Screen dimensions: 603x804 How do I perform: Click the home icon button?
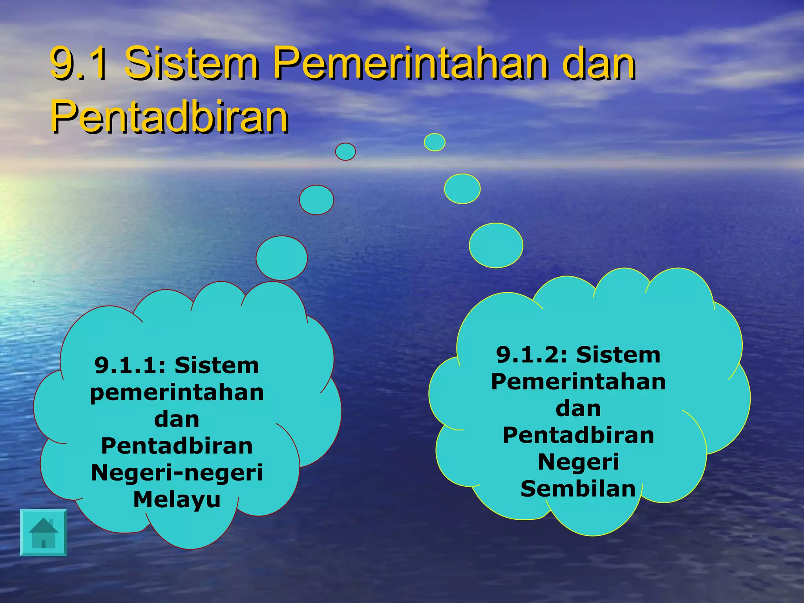pos(44,532)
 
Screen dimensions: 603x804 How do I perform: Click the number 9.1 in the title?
pos(79,63)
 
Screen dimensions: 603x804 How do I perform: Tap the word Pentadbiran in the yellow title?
pos(170,116)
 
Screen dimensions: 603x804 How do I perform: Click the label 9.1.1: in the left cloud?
pos(132,365)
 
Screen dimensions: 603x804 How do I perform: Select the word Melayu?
pos(177,499)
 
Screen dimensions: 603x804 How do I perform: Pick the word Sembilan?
pos(578,489)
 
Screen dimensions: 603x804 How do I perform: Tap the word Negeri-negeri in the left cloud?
pos(177,472)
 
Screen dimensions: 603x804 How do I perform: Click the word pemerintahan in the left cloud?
pos(177,393)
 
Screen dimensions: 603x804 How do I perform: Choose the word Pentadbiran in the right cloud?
pos(578,435)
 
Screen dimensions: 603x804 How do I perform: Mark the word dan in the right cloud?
pos(578,408)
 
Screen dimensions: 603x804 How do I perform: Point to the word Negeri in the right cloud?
pos(578,462)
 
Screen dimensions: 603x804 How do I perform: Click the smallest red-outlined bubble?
pos(345,152)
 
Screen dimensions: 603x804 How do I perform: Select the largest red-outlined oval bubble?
pos(281,258)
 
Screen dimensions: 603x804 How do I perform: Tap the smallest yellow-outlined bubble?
pos(435,142)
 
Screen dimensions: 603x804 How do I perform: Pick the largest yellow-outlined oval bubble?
pos(496,245)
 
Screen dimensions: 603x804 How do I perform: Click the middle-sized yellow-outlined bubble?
pos(462,189)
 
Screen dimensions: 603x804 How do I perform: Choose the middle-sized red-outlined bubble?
pos(316,200)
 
